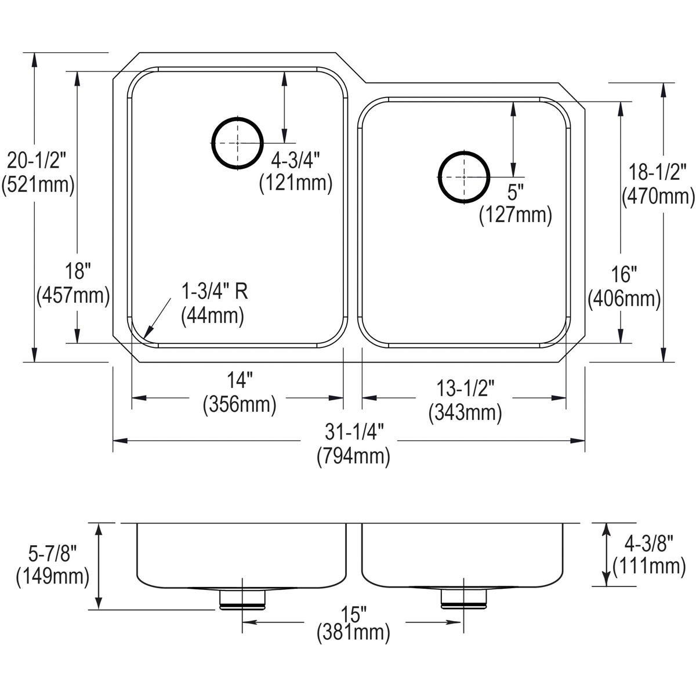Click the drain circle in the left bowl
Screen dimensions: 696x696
click(x=212, y=143)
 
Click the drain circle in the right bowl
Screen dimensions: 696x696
click(x=439, y=177)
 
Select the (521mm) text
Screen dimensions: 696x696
click(x=38, y=185)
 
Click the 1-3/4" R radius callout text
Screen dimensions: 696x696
click(x=215, y=292)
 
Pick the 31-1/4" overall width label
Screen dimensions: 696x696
click(x=354, y=432)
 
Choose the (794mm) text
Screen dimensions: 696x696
click(x=354, y=456)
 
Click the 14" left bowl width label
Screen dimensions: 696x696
click(x=240, y=381)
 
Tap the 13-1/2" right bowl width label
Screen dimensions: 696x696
click(x=465, y=389)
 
